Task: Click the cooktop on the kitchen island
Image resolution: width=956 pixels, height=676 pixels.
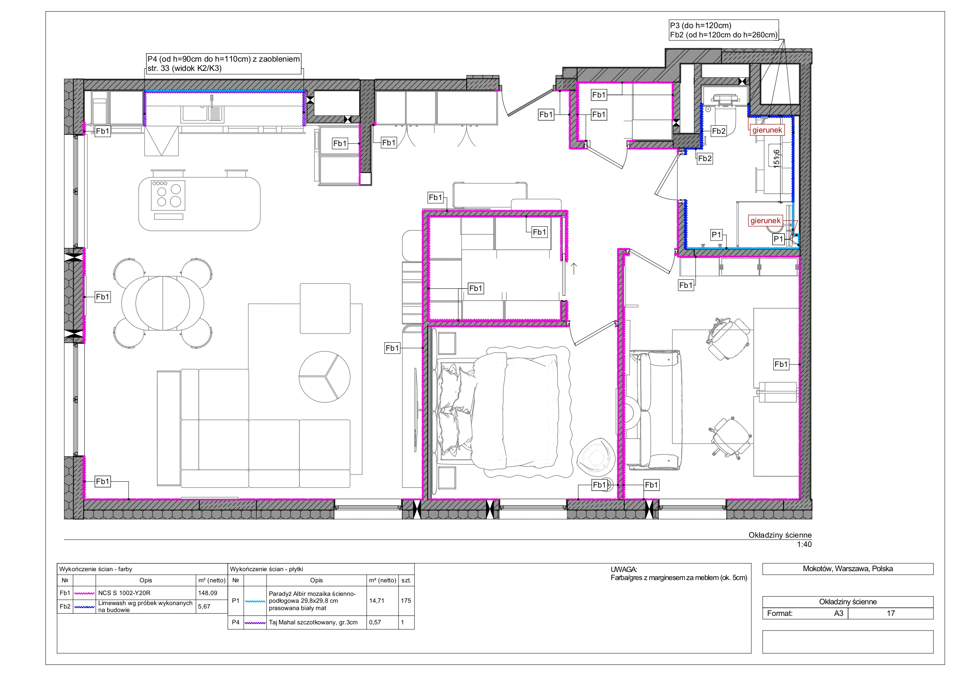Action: pos(168,195)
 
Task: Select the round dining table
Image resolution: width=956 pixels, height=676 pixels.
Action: pos(163,303)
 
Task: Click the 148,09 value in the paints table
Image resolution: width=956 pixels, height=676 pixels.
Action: pos(207,593)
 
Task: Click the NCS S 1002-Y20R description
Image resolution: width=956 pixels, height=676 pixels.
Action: pos(124,593)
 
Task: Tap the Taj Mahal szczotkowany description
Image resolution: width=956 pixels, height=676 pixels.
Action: pos(313,622)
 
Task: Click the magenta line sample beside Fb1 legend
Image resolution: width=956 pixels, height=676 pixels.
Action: pos(84,593)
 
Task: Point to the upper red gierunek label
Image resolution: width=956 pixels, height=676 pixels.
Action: pos(767,130)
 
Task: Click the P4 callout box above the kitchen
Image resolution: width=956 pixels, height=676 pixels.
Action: pos(223,64)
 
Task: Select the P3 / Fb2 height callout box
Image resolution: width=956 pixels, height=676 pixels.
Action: pos(724,30)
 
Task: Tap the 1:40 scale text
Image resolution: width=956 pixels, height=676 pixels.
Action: pos(804,544)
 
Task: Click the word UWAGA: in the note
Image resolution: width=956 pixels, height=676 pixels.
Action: pos(623,569)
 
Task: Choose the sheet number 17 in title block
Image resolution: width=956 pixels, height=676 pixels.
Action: pos(890,613)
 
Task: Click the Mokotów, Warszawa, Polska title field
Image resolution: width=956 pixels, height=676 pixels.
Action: pos(848,568)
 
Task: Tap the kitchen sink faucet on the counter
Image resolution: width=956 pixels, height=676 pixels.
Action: pos(212,101)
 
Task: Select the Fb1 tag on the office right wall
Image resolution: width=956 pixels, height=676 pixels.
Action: pos(781,365)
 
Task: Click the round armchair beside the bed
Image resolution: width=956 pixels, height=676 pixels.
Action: pos(596,457)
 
